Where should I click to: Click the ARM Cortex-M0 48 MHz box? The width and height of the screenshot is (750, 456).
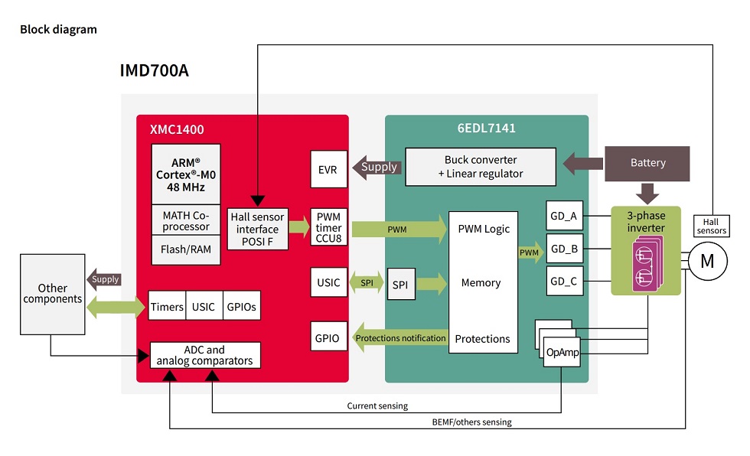(185, 174)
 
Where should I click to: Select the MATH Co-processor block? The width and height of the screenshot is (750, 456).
(185, 220)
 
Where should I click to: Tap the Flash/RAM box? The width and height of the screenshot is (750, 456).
(185, 249)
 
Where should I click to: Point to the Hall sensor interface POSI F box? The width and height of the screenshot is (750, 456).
(257, 229)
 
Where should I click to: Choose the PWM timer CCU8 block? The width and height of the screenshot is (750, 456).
(328, 229)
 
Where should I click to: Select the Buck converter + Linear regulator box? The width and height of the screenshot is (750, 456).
(480, 167)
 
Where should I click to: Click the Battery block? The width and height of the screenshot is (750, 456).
(647, 163)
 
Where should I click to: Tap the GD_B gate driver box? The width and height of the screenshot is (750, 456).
(562, 249)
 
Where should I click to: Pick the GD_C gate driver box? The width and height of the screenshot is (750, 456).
(562, 282)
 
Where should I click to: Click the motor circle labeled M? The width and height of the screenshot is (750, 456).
(706, 261)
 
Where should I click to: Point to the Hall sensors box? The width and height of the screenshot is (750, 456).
(711, 225)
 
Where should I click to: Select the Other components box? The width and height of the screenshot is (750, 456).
(52, 294)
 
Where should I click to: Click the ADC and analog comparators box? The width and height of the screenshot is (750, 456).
(204, 355)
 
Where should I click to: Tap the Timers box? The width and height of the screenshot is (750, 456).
(167, 307)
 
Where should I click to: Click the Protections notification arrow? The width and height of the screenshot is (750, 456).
(399, 338)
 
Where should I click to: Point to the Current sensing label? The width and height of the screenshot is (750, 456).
(377, 406)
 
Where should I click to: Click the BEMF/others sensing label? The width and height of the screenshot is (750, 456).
(471, 422)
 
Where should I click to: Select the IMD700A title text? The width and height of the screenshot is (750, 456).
(154, 71)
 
